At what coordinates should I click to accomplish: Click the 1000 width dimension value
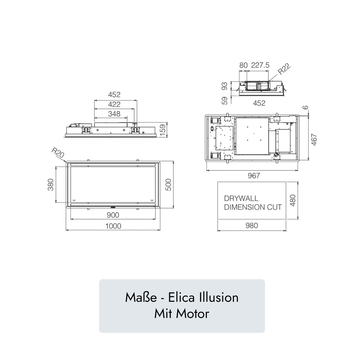113,226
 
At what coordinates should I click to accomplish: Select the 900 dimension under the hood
113,215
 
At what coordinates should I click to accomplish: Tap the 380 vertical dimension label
51,184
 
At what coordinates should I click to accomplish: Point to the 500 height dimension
169,184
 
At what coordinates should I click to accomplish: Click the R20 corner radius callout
58,153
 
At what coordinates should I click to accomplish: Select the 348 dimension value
114,114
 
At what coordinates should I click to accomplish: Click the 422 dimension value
114,104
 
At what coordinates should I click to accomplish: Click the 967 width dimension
254,176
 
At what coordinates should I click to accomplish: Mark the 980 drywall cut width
251,225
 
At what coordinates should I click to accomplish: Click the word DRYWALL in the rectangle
241,198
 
